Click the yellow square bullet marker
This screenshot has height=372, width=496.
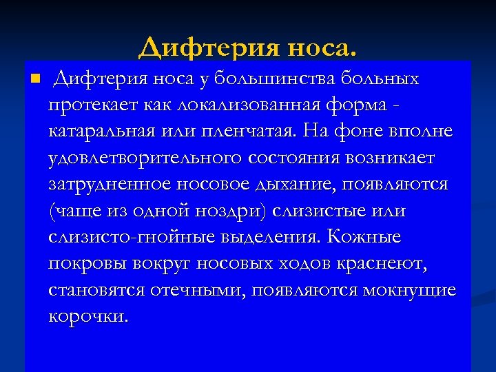tap(37, 77)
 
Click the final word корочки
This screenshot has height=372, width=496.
tap(89, 316)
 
